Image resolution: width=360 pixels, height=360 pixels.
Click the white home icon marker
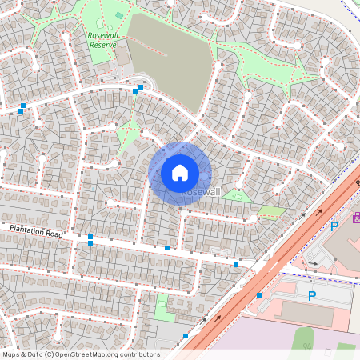click(180, 173)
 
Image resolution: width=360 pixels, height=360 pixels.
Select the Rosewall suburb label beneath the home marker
click(200, 193)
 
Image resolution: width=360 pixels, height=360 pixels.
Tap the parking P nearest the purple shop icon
click(334, 226)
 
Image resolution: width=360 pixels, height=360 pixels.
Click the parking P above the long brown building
click(312, 296)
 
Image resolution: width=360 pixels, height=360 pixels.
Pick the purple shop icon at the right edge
click(356, 217)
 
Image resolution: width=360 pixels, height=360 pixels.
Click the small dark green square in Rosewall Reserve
click(119, 15)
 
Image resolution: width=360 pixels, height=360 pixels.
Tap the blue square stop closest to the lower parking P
click(259, 295)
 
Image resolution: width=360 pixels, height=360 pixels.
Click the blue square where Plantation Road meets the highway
click(236, 264)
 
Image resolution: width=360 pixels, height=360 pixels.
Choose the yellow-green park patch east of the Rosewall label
click(272, 212)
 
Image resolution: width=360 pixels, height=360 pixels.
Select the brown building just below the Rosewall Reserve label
click(124, 54)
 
